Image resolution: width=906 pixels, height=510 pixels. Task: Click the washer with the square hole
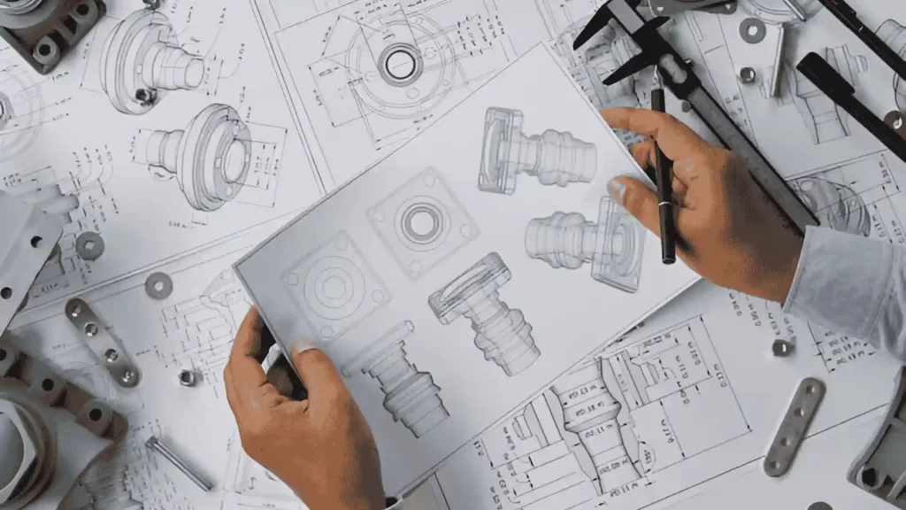pos(89,245)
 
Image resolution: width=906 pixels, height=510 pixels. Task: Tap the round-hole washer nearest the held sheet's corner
pos(158,285)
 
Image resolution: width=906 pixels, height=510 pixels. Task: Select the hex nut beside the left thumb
pos(187,377)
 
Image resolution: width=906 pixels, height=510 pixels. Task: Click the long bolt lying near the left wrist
pos(178,462)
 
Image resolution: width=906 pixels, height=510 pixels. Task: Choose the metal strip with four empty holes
pos(795,426)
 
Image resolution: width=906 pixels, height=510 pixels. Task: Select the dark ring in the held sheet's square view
pos(421,221)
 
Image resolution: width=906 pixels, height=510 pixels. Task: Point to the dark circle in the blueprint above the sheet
pos(400,64)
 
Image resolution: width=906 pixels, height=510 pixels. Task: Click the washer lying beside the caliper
pos(752,30)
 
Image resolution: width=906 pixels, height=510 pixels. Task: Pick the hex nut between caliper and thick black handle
pos(747,74)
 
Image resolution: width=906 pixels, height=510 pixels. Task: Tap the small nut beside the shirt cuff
pos(782,347)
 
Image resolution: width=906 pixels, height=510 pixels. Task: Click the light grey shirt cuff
pos(845,283)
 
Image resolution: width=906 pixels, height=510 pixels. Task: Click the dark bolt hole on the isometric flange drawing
pos(142,94)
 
